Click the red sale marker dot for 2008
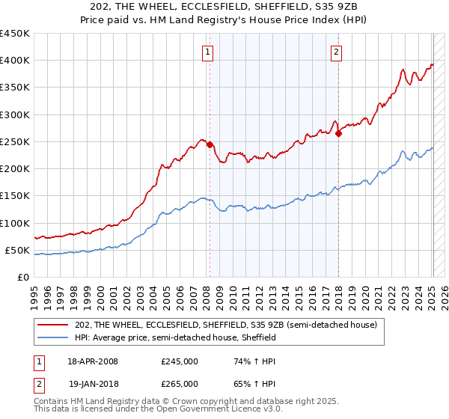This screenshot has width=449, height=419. [210, 144]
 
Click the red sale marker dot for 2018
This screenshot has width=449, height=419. [338, 134]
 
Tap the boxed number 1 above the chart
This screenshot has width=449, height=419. [207, 52]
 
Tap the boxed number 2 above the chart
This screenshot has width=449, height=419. [336, 52]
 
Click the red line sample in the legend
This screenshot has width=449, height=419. [53, 325]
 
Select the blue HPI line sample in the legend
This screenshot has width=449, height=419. [53, 337]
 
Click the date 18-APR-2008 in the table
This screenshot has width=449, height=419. [93, 361]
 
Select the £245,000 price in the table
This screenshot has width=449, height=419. [180, 361]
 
